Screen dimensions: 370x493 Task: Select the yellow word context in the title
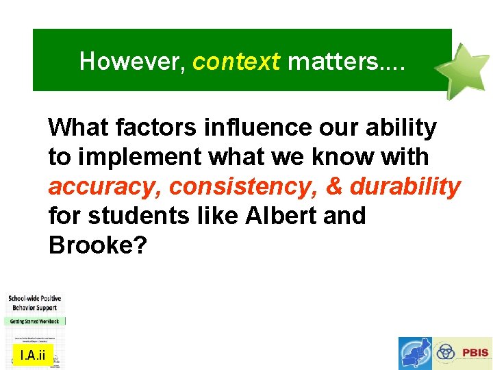coord(236,62)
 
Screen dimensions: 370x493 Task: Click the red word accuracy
coord(103,186)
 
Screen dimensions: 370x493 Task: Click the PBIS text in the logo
coord(475,353)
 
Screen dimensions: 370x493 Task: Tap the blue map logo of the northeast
coord(416,353)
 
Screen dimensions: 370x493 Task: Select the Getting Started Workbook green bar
coord(35,321)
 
